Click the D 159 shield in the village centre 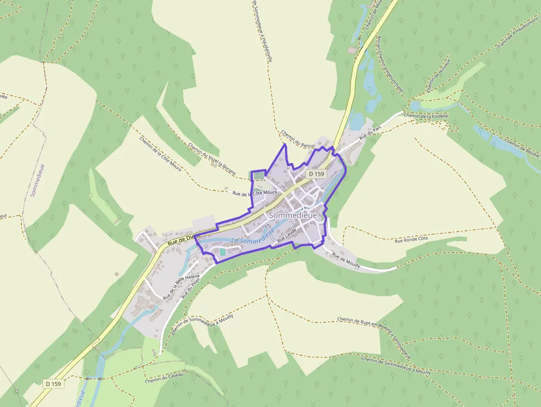(x=317, y=173)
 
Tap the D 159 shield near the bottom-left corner (x=54, y=383)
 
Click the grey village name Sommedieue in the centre (x=292, y=215)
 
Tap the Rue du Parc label (x=370, y=133)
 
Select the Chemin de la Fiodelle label (x=426, y=116)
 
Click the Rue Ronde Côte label (x=411, y=239)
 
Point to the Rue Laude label (x=287, y=236)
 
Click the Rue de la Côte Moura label (x=254, y=193)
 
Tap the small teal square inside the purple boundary (x=222, y=252)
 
